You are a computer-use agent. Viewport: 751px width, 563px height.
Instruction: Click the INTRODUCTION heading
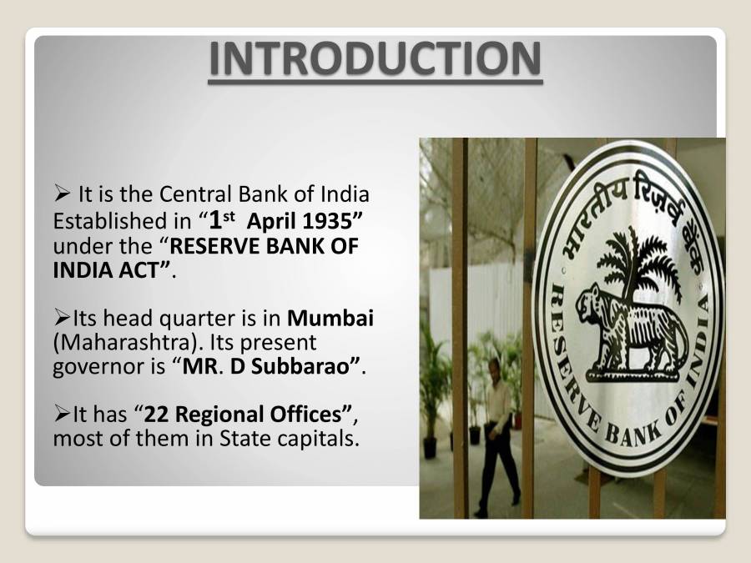coord(375,58)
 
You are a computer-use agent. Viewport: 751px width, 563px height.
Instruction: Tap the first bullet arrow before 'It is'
coord(62,195)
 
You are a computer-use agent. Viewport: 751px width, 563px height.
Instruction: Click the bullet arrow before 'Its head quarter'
coord(62,319)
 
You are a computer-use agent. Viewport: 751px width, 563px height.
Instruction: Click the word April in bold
coord(266,223)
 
